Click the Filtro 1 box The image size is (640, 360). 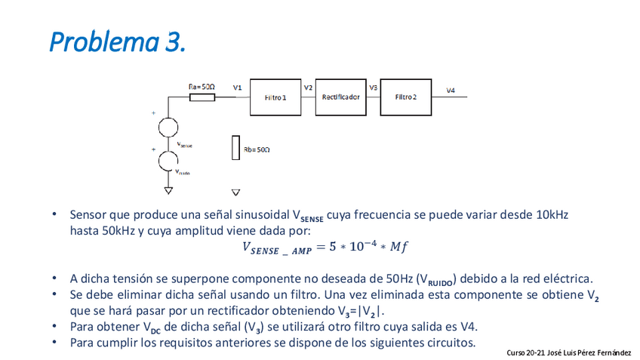pyautogui.click(x=275, y=97)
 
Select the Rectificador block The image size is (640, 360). pyautogui.click(x=340, y=97)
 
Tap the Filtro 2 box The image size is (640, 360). pyautogui.click(x=405, y=97)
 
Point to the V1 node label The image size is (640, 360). pyautogui.click(x=237, y=88)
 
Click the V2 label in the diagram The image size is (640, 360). pyautogui.click(x=308, y=88)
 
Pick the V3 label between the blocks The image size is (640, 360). pyautogui.click(x=373, y=88)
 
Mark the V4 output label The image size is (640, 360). pyautogui.click(x=451, y=91)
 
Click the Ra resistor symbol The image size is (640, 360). pyautogui.click(x=202, y=97)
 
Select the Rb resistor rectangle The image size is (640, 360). pyautogui.click(x=235, y=149)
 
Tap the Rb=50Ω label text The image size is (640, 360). pyautogui.click(x=257, y=150)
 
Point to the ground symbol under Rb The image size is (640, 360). pyautogui.click(x=235, y=192)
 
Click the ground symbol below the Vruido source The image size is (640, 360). pyautogui.click(x=168, y=190)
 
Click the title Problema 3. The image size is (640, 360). pyautogui.click(x=117, y=42)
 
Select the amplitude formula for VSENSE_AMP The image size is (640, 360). pyautogui.click(x=325, y=247)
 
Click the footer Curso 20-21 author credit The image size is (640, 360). pyautogui.click(x=569, y=352)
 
